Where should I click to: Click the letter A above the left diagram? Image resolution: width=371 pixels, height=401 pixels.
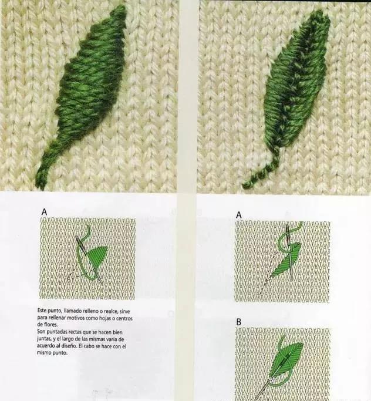point(44,212)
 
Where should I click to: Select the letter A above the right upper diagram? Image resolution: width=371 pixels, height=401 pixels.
point(239,215)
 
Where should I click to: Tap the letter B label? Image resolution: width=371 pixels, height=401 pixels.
point(239,322)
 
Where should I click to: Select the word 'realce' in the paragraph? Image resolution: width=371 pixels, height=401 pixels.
point(110,311)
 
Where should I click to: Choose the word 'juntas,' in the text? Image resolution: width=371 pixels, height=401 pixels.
point(44,339)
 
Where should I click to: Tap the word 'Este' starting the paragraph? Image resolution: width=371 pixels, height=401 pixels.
point(42,311)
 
